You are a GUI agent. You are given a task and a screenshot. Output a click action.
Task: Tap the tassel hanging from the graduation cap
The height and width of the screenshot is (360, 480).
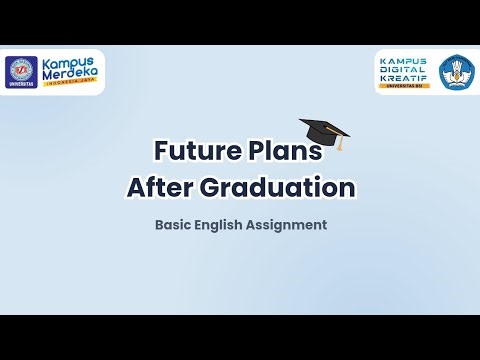[341, 144]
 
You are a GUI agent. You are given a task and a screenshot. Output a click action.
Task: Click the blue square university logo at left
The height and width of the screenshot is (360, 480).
[20, 71]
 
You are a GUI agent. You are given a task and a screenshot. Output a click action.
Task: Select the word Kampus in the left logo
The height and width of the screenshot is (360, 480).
[71, 62]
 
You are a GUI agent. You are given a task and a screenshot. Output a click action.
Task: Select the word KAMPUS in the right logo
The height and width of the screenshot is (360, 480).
[404, 60]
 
